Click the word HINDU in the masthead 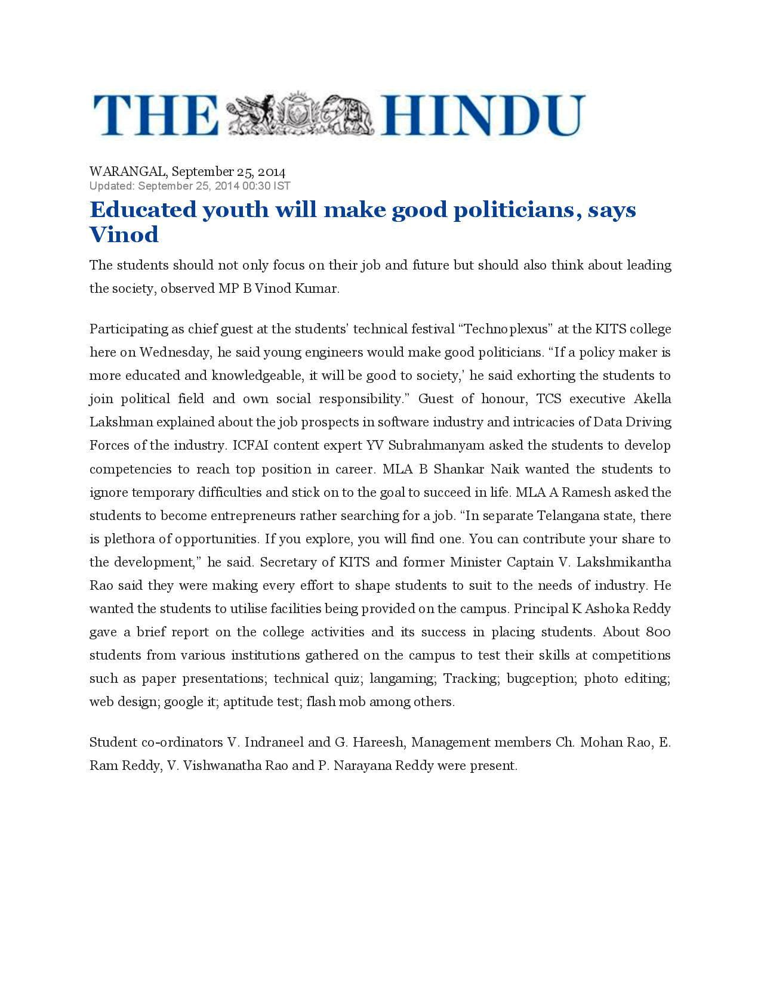[483, 115]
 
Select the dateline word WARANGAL [128, 172]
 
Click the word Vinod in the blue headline [124, 234]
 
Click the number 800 [658, 632]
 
